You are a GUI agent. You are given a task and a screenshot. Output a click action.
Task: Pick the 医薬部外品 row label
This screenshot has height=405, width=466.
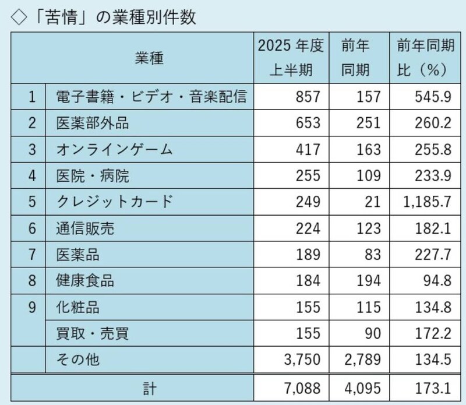point(93,123)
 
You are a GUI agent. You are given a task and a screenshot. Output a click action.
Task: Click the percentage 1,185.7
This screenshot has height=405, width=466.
point(425,202)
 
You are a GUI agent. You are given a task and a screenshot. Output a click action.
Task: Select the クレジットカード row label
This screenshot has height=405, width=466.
point(115,202)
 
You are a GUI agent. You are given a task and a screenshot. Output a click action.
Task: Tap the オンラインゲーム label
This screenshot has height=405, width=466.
point(115,149)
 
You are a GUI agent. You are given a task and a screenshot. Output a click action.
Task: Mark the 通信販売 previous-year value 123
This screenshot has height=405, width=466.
point(369,228)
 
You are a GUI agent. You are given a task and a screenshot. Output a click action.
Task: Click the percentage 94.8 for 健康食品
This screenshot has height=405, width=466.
point(437,281)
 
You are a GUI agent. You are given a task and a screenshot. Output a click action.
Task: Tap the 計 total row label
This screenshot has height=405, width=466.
point(133,386)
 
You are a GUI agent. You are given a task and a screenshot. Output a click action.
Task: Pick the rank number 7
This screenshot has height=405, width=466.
point(33,255)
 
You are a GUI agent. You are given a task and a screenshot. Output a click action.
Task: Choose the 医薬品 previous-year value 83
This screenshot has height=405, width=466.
point(373,255)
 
